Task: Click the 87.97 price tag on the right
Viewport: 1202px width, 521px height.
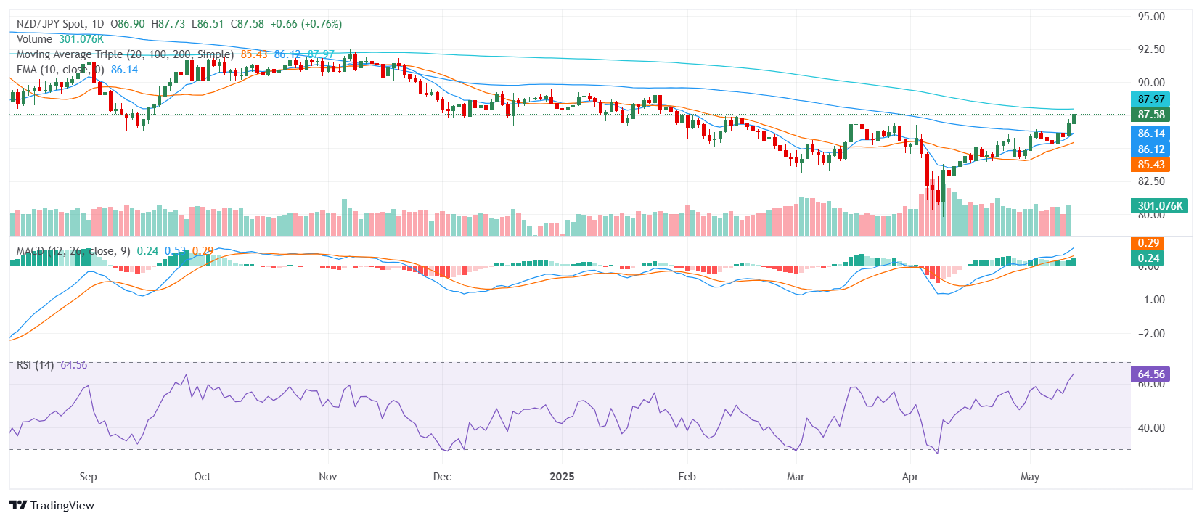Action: click(x=1150, y=99)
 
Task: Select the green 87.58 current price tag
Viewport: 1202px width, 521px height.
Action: click(x=1150, y=115)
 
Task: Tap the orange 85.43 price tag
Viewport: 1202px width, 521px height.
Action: click(x=1150, y=165)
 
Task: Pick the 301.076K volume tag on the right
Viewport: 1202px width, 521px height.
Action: click(x=1160, y=205)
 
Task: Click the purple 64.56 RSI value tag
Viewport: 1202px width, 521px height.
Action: click(x=1150, y=374)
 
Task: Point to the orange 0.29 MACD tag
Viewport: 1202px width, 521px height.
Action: click(x=1148, y=243)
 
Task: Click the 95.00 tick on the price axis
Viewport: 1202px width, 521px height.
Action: click(x=1151, y=17)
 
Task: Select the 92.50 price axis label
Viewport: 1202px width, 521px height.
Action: click(x=1151, y=49)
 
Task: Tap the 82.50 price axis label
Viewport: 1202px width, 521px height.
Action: click(x=1151, y=181)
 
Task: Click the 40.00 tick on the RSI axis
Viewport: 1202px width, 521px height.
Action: click(x=1151, y=428)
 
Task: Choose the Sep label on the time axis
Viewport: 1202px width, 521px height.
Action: click(x=88, y=477)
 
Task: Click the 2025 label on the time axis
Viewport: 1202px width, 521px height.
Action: click(x=562, y=477)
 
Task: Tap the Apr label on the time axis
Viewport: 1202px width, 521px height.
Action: click(x=910, y=477)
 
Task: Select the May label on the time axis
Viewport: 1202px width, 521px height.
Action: click(x=1030, y=477)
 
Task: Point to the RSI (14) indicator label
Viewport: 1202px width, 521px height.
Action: click(x=35, y=365)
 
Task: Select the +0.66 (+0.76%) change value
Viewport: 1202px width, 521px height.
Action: click(x=306, y=24)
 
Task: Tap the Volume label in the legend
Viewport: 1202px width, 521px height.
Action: click(x=34, y=39)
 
